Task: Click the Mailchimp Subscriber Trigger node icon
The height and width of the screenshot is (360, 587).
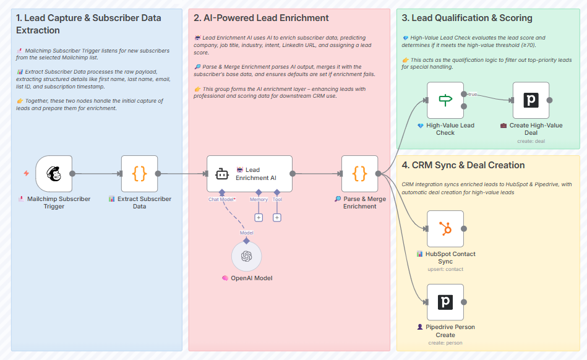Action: pyautogui.click(x=54, y=174)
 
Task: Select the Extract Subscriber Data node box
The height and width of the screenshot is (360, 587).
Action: pyautogui.click(x=139, y=174)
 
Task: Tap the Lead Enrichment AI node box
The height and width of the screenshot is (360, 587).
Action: pyautogui.click(x=249, y=174)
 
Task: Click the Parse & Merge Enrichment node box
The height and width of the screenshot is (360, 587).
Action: pyautogui.click(x=359, y=174)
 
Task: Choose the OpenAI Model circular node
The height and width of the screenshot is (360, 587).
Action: pyautogui.click(x=246, y=256)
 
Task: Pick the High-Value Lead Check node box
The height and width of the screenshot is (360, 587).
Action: pyautogui.click(x=445, y=100)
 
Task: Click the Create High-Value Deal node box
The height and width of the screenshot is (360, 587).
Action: pyautogui.click(x=531, y=100)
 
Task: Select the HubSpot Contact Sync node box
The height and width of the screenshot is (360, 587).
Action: pyautogui.click(x=445, y=229)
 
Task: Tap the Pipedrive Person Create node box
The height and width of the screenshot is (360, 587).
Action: pyautogui.click(x=445, y=302)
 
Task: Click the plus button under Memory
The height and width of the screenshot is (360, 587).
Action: pyautogui.click(x=259, y=217)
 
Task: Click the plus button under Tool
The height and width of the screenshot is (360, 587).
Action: pyautogui.click(x=277, y=217)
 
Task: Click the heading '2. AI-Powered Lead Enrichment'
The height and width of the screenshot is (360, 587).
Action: pyautogui.click(x=262, y=18)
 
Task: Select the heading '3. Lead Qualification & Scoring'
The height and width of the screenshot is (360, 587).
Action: pyautogui.click(x=466, y=18)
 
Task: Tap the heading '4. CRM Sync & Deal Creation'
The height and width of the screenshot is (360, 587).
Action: pyautogui.click(x=463, y=165)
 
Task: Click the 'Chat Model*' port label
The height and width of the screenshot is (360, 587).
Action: pyautogui.click(x=221, y=199)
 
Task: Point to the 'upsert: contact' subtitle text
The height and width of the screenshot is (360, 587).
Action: pyautogui.click(x=445, y=269)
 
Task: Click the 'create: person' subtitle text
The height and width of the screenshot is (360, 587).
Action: pyautogui.click(x=445, y=343)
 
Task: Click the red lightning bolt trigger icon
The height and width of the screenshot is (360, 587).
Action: pyautogui.click(x=26, y=173)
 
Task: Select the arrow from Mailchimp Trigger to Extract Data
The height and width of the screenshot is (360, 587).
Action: pyautogui.click(x=96, y=174)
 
